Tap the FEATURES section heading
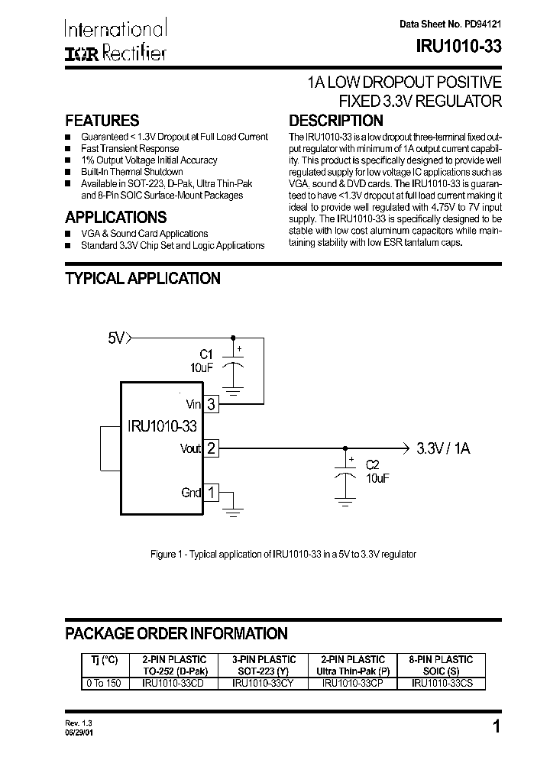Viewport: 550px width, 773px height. (x=102, y=121)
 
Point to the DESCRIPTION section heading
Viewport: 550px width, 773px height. (x=335, y=121)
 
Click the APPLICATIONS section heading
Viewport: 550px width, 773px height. (x=115, y=216)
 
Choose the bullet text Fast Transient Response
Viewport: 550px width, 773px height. (x=130, y=148)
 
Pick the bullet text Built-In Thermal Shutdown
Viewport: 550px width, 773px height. (x=132, y=172)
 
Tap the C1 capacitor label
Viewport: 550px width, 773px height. (x=205, y=354)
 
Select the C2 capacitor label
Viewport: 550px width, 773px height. (x=373, y=464)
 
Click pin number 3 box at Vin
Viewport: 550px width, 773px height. (x=212, y=404)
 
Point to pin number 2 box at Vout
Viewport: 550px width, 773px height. (x=212, y=448)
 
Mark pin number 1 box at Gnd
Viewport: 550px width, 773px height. (x=212, y=493)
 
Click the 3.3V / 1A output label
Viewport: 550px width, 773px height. (x=444, y=448)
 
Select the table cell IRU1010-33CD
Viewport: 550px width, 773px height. (x=173, y=684)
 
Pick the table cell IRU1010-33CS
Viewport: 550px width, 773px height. (x=442, y=684)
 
